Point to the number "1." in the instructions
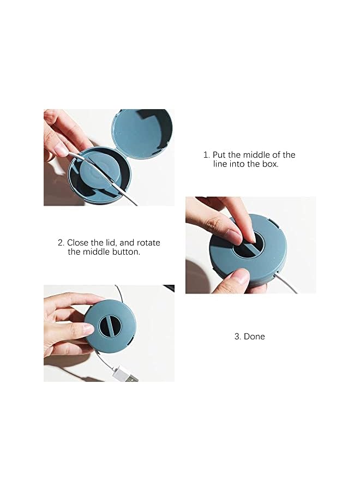(x=207, y=155)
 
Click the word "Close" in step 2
(x=79, y=243)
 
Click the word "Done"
(x=254, y=337)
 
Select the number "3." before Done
(x=238, y=337)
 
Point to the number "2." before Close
(x=61, y=243)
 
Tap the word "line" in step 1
(x=220, y=164)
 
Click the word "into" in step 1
(x=238, y=164)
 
